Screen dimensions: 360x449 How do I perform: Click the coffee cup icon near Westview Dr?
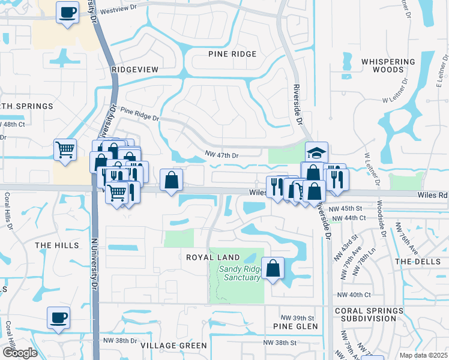67,12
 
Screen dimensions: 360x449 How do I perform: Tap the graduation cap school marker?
316,152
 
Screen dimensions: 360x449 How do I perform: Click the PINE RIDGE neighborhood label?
232,54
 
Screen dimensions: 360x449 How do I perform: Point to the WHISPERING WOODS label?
388,65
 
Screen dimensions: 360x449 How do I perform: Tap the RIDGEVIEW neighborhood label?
135,70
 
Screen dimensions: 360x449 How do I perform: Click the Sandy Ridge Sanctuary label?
240,273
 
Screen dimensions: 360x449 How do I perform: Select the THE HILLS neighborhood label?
57,245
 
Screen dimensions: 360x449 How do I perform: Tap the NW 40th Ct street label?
354,295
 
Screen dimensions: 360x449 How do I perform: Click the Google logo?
20,352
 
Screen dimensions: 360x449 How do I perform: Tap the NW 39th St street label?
298,317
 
